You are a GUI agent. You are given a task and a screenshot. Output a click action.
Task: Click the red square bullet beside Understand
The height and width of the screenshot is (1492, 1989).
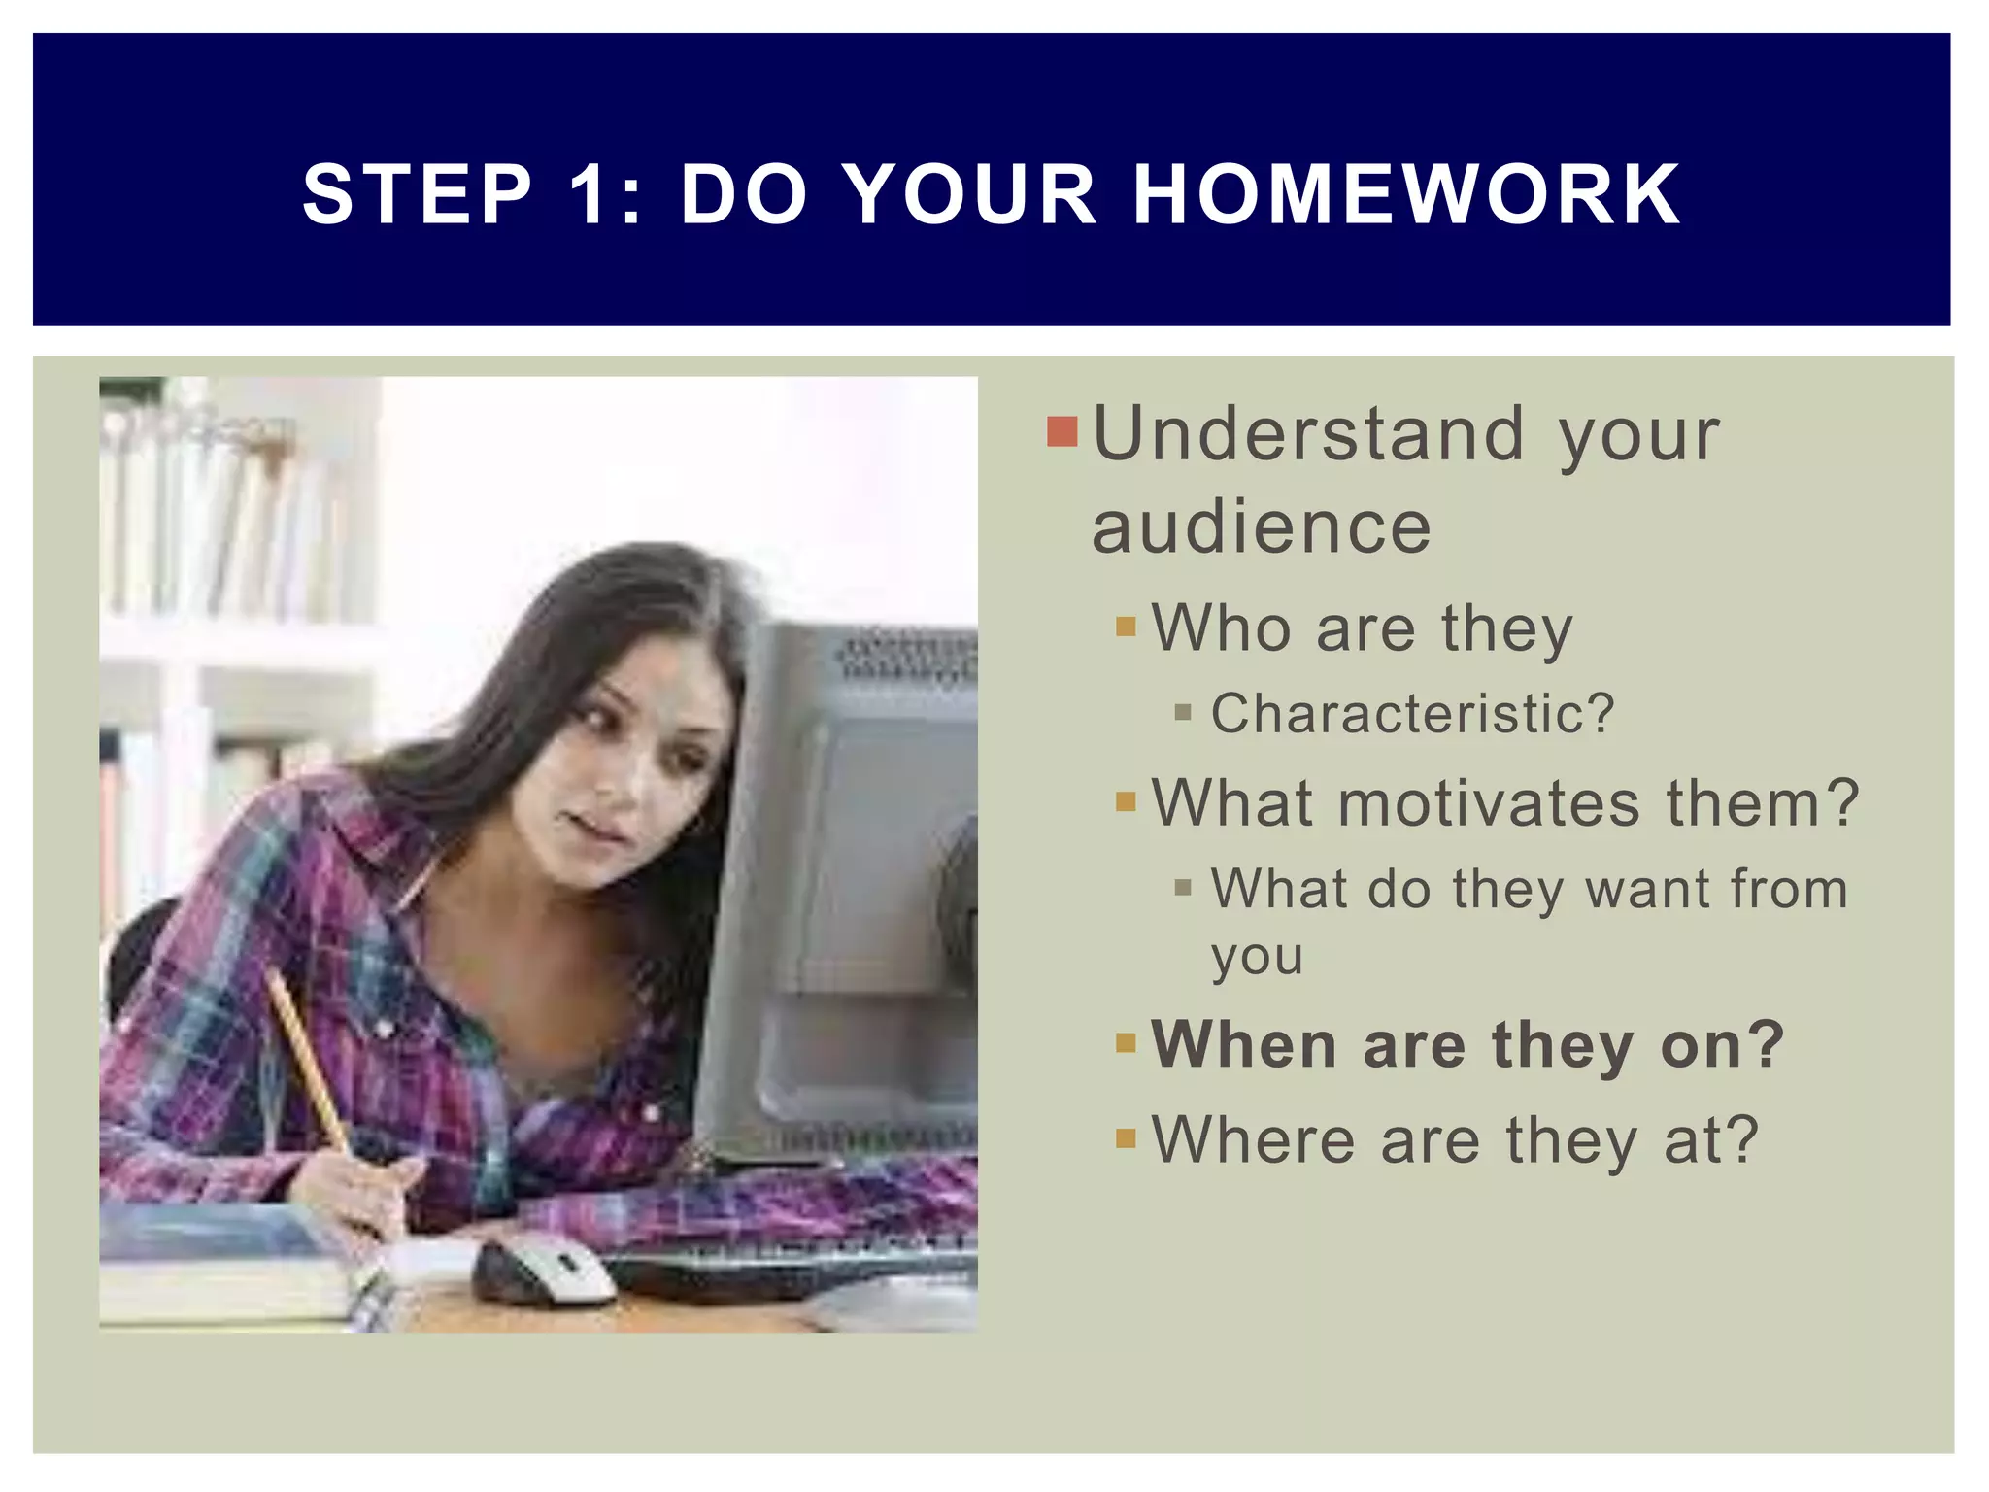pyautogui.click(x=1062, y=432)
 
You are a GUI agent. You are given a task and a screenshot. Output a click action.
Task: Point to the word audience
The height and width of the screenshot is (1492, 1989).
pyautogui.click(x=1261, y=527)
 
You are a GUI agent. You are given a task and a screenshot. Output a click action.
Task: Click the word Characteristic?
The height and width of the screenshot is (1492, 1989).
pyautogui.click(x=1412, y=714)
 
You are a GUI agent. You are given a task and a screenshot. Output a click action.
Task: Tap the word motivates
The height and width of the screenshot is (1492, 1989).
pyautogui.click(x=1489, y=804)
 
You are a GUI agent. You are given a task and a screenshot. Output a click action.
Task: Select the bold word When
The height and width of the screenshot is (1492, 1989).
pyautogui.click(x=1244, y=1045)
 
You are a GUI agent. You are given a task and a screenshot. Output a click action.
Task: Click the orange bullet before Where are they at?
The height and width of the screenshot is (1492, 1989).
pyautogui.click(x=1126, y=1137)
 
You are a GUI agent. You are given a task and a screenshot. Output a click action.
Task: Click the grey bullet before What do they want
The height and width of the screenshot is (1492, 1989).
pyautogui.click(x=1182, y=887)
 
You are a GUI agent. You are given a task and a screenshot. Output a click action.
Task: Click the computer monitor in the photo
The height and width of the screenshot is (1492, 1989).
pyautogui.click(x=855, y=874)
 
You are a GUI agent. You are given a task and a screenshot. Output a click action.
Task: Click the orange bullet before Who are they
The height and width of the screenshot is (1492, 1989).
pyautogui.click(x=1126, y=627)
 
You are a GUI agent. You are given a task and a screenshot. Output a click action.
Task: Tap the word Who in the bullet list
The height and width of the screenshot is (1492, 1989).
pyautogui.click(x=1221, y=628)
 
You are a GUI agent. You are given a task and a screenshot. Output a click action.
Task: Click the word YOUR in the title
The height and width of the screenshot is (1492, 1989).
pyautogui.click(x=971, y=194)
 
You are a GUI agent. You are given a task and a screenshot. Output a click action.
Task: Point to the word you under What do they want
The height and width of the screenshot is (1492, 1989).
pyautogui.click(x=1256, y=958)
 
